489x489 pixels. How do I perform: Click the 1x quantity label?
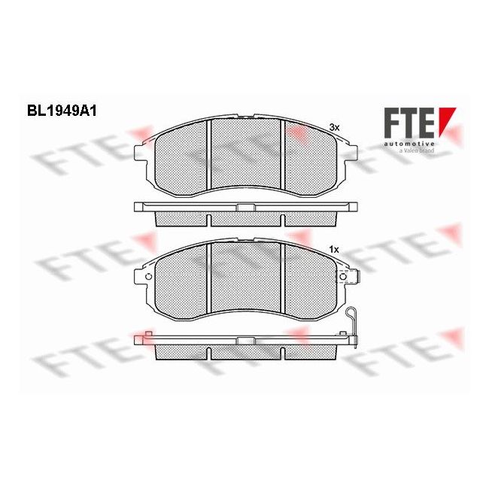click(333, 248)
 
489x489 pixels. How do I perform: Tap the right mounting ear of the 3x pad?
click(348, 154)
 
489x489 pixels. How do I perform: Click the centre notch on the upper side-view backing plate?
click(244, 206)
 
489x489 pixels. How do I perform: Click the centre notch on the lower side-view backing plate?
click(244, 341)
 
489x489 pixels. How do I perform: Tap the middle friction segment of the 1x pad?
click(245, 278)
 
